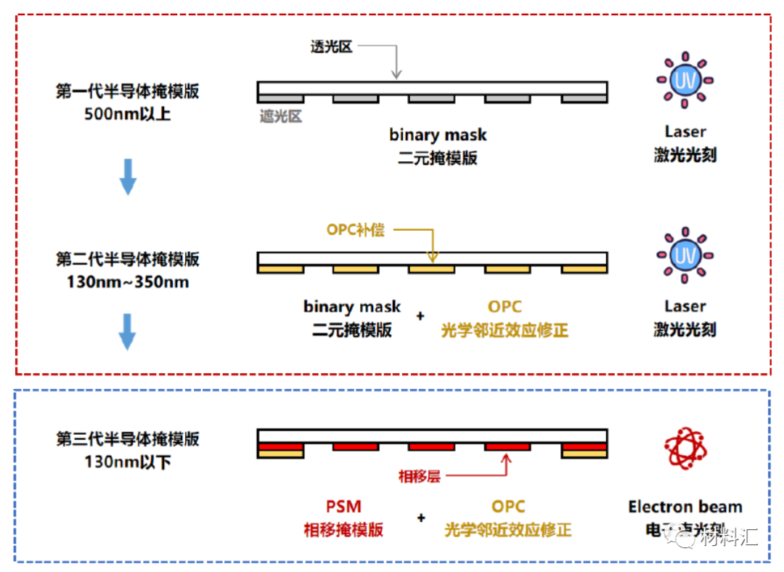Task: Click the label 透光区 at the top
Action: pos(331,47)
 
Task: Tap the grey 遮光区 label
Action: pos(281,115)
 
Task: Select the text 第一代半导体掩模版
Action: pos(127,91)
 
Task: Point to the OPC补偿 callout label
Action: pos(356,230)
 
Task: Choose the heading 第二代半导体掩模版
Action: pos(127,260)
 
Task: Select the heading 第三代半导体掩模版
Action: pos(127,439)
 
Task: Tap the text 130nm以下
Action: pos(127,461)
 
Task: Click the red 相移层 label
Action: pos(420,477)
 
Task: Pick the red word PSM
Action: pos(343,507)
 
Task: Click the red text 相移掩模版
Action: pos(343,529)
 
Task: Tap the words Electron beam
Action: pos(685,507)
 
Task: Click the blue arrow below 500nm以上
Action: pos(128,177)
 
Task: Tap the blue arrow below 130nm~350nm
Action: pos(128,332)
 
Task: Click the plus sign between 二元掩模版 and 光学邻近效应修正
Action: pos(420,316)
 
